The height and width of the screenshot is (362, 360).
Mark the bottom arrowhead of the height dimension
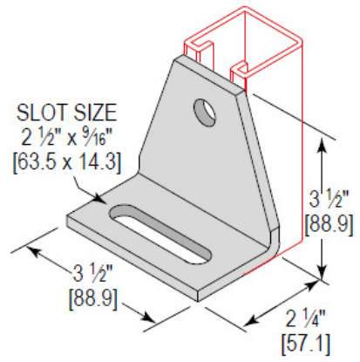click(x=324, y=271)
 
